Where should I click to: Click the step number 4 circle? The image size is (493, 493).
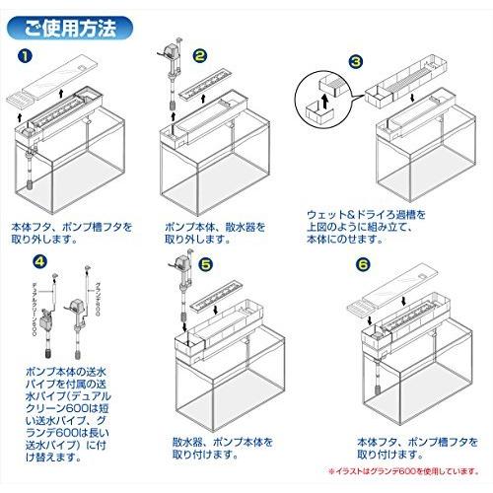tap(38, 261)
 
